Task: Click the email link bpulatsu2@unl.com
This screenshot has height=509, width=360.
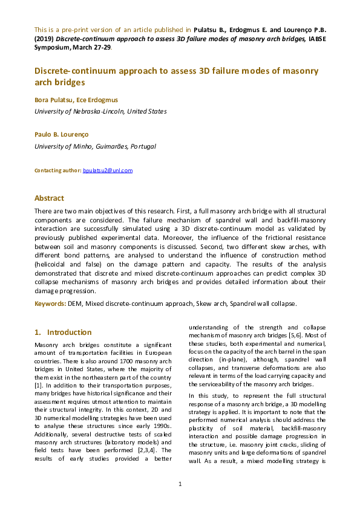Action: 107,170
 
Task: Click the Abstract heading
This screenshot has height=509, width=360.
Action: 49,198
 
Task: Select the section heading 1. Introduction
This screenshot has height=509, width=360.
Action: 63,332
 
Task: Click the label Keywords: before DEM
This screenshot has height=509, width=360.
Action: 50,303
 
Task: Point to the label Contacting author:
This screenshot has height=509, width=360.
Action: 57,170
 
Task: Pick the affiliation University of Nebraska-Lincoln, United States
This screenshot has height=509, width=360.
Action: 100,111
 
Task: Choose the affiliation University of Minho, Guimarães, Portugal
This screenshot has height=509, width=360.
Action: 95,146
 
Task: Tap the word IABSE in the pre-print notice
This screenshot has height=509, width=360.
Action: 315,39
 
